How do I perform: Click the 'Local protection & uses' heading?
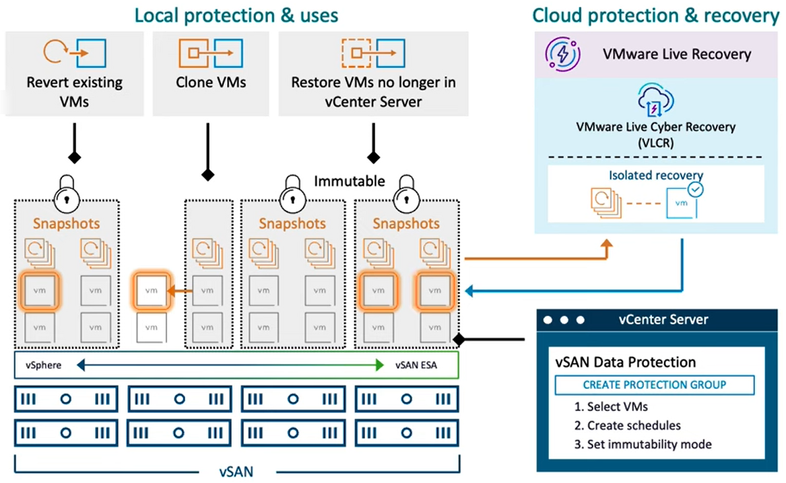tap(236, 15)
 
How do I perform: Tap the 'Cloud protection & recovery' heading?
tap(655, 15)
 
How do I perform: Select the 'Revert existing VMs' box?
tap(75, 74)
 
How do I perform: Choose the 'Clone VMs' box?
tap(211, 74)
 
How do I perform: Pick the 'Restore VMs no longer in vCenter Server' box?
tap(373, 74)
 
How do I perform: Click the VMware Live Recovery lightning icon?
tap(563, 54)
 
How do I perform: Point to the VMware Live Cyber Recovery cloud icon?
tap(655, 100)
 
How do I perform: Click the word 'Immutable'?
tap(350, 181)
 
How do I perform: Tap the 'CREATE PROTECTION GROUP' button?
tap(654, 385)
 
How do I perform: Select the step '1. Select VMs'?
tap(611, 406)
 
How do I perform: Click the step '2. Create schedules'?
tap(628, 425)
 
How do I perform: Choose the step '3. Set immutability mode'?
tap(643, 445)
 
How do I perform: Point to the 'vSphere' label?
tap(44, 365)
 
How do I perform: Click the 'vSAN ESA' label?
tap(416, 365)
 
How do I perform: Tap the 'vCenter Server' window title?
tap(663, 320)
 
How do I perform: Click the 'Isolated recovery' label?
tap(655, 175)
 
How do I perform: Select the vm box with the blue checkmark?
tap(682, 202)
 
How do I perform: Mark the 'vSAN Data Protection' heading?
tap(626, 363)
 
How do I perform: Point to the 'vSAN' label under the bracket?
tap(236, 472)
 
